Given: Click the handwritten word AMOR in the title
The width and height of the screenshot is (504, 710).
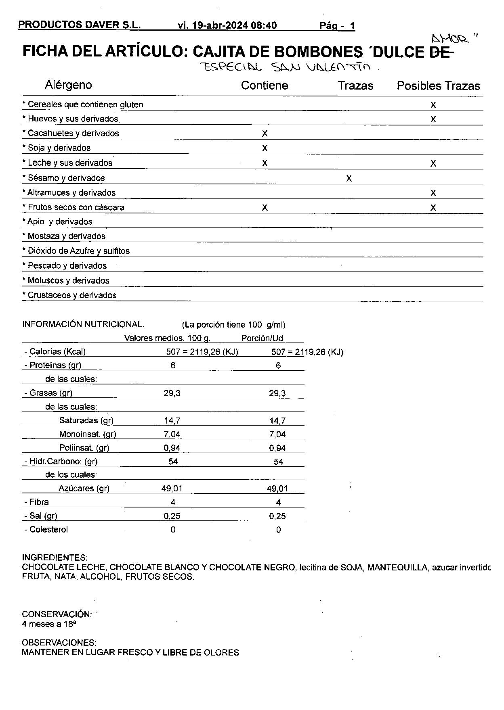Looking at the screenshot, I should [449, 39].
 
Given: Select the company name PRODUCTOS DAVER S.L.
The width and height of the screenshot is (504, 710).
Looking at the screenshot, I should [80, 25].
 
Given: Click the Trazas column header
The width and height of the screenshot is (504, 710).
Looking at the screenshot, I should [355, 86].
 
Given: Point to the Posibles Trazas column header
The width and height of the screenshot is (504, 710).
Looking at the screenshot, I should [438, 86].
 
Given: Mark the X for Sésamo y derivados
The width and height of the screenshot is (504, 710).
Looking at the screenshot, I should [349, 178].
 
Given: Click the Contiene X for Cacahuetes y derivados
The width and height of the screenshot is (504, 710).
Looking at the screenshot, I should [265, 134].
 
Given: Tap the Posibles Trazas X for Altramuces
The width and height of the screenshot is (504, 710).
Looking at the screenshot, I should [433, 193].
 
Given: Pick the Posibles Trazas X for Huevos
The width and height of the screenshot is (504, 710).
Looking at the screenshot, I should [433, 119].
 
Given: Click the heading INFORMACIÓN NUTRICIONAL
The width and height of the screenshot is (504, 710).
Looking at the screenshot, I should [83, 324].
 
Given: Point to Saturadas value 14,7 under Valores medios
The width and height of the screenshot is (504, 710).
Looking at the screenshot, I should [172, 421].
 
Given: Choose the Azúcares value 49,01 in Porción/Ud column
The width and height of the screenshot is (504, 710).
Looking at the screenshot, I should [277, 489].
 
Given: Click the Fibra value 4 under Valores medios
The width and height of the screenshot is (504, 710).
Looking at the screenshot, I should [173, 503].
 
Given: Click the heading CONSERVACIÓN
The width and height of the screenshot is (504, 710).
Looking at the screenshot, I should [57, 614].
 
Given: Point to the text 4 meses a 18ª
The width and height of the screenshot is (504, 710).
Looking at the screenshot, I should [49, 624].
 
